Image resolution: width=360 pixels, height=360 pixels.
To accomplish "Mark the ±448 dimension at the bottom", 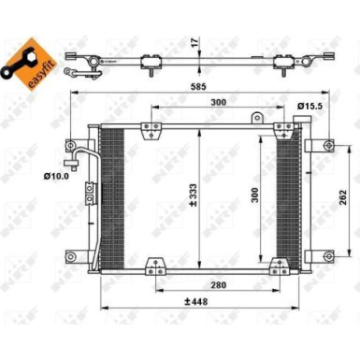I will point(197,301).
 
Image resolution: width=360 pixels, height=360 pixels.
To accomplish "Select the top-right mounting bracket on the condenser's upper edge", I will point(278,131).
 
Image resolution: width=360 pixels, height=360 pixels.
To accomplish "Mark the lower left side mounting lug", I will point(69,255).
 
